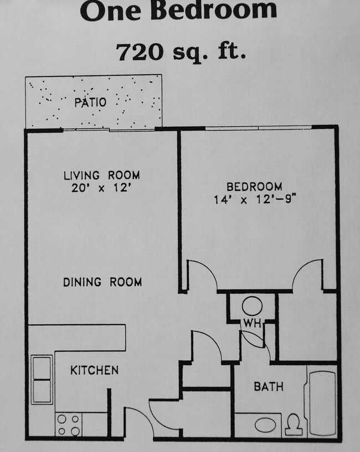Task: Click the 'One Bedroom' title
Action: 178,11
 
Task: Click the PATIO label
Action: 90,102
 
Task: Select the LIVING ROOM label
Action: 101,175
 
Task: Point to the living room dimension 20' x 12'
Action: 101,188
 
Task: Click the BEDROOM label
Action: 255,186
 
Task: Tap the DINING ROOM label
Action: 102,282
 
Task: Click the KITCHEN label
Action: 94,370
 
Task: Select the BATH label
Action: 269,386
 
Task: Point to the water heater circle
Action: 253,306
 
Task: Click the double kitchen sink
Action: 42,380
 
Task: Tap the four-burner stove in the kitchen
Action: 68,424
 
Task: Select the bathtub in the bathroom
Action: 322,402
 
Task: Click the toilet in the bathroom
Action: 294,424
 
